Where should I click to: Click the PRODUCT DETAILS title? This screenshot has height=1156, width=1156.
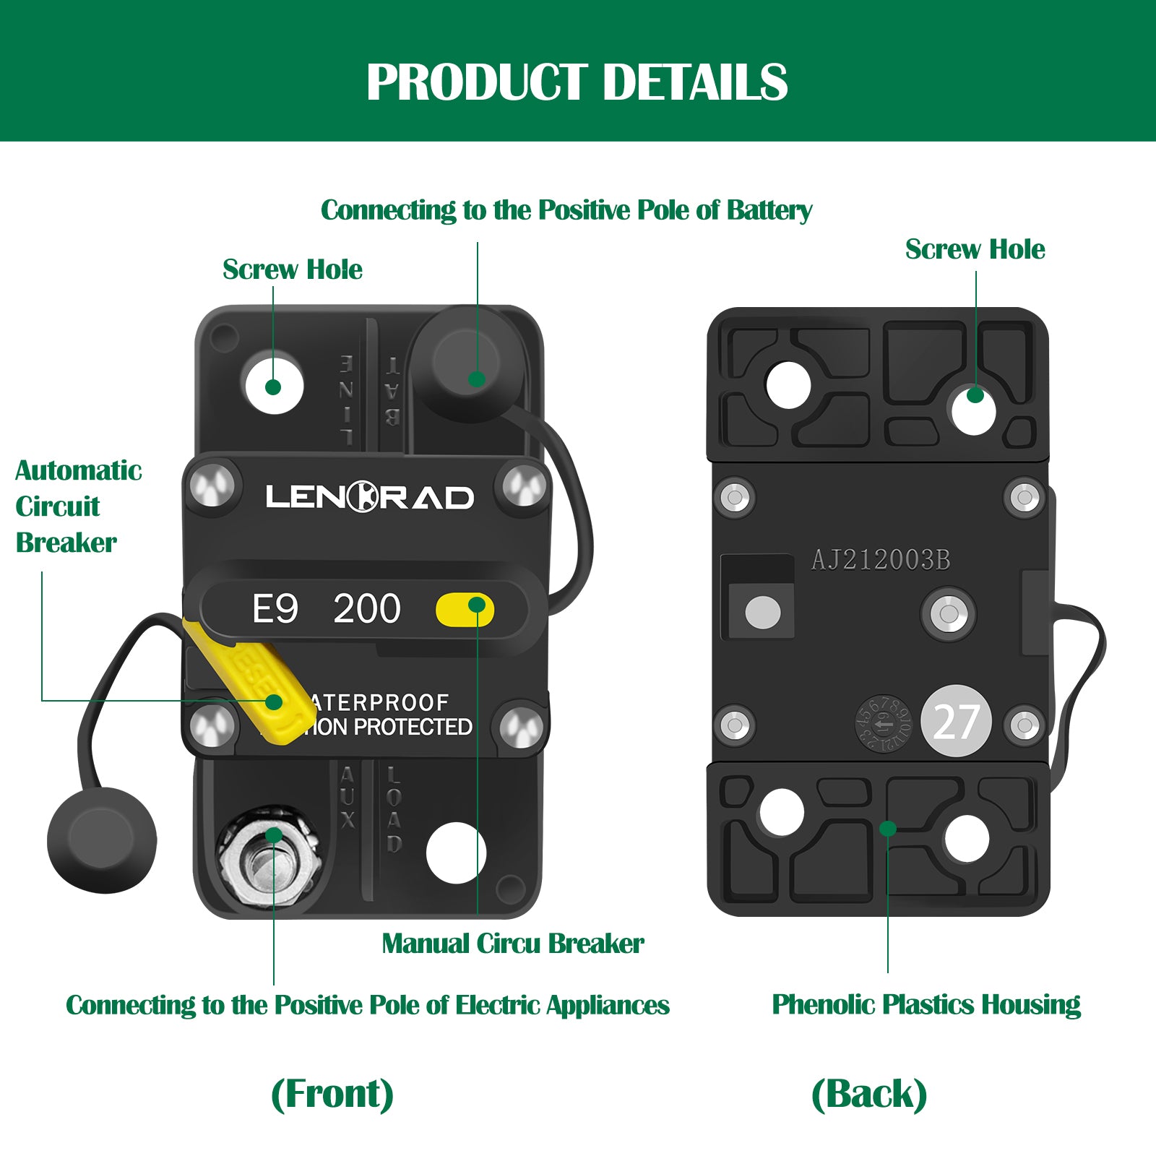[x=577, y=82]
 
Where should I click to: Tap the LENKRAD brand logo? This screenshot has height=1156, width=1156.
[x=369, y=497]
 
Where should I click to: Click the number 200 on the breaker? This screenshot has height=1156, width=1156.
[x=366, y=609]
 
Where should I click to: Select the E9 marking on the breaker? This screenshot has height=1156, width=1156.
[x=275, y=609]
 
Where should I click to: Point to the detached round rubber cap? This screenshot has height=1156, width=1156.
[x=102, y=840]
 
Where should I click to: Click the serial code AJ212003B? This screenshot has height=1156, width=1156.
[x=880, y=560]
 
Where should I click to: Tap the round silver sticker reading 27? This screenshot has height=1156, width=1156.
[x=956, y=721]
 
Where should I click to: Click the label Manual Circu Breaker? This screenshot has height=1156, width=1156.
[x=512, y=944]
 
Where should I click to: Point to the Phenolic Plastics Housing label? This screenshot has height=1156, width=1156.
[x=926, y=1004]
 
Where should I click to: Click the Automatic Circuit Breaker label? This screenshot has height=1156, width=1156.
[x=77, y=506]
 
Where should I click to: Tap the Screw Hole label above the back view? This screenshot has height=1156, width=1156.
[x=975, y=249]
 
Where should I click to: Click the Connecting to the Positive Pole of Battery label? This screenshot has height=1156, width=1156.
[x=566, y=210]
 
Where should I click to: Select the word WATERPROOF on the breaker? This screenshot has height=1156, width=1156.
[x=379, y=702]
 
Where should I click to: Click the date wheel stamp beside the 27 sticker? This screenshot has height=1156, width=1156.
[x=883, y=722]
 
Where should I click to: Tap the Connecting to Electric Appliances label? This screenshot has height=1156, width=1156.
[x=367, y=1005]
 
